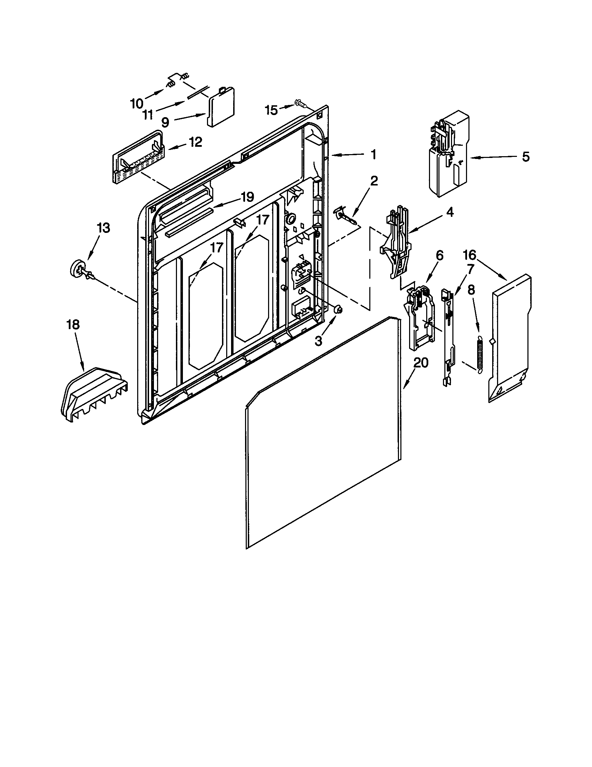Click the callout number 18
pyautogui.click(x=73, y=325)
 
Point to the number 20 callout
pyautogui.click(x=421, y=363)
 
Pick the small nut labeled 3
pyautogui.click(x=338, y=309)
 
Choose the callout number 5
pyautogui.click(x=525, y=157)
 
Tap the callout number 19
pyautogui.click(x=247, y=197)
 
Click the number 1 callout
pyautogui.click(x=374, y=154)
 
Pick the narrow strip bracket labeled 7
pyautogui.click(x=447, y=337)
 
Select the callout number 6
pyautogui.click(x=440, y=255)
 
